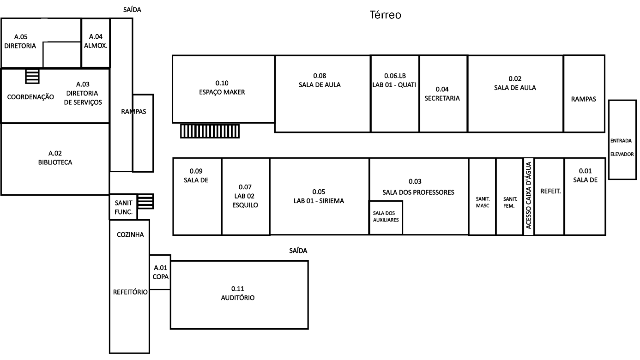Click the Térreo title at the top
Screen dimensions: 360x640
(x=385, y=15)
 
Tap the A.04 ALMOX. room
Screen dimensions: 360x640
(x=96, y=42)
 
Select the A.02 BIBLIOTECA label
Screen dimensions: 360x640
(x=55, y=158)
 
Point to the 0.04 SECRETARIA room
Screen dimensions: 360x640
(x=442, y=94)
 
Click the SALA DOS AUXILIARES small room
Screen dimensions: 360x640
(x=386, y=217)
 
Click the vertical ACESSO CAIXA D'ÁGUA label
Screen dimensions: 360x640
(x=529, y=196)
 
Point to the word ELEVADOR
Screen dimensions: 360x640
(x=622, y=155)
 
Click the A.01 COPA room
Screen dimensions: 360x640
(x=160, y=272)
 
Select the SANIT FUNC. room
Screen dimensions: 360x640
(x=123, y=208)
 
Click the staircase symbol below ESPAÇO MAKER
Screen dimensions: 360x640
(x=210, y=131)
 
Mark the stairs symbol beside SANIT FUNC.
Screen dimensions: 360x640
(x=146, y=201)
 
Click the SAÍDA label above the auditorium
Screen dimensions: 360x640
(x=298, y=251)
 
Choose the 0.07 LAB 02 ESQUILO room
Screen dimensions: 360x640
(x=245, y=196)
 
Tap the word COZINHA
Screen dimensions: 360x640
(x=130, y=234)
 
